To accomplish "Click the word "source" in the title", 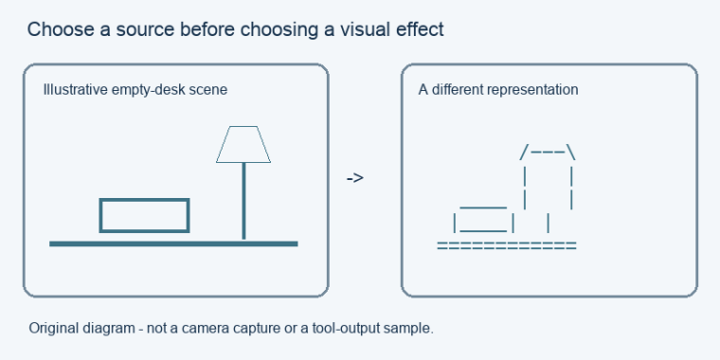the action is (x=145, y=29).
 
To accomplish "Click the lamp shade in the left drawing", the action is (x=243, y=144).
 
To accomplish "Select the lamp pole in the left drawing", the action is (x=243, y=201).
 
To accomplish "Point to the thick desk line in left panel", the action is (x=173, y=243).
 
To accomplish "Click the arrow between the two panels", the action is (x=354, y=178).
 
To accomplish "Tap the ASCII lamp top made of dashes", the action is (x=548, y=152).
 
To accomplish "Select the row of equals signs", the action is (x=507, y=245).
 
